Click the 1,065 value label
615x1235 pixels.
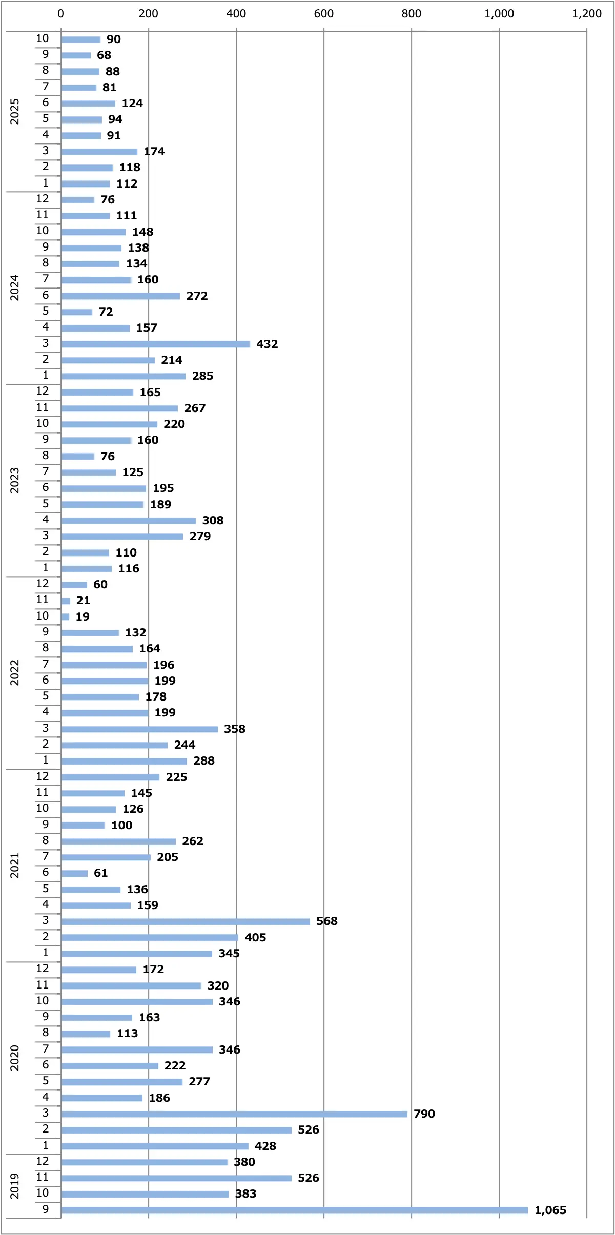pyautogui.click(x=550, y=1210)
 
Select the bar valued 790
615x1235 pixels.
pyautogui.click(x=234, y=1114)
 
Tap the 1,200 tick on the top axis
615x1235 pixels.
pyautogui.click(x=586, y=14)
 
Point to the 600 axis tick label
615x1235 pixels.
pyautogui.click(x=323, y=14)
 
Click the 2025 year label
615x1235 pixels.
pyautogui.click(x=14, y=111)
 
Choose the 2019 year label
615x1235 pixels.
pyautogui.click(x=14, y=1186)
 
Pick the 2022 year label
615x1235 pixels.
pyautogui.click(x=14, y=672)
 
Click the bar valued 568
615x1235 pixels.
pyautogui.click(x=185, y=921)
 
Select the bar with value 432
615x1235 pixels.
pyautogui.click(x=155, y=344)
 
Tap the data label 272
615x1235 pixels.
pyautogui.click(x=197, y=296)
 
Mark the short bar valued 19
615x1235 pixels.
pyautogui.click(x=65, y=616)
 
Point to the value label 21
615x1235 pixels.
pyautogui.click(x=83, y=600)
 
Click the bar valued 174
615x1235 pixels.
pyautogui.click(x=99, y=151)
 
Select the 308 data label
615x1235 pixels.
pyautogui.click(x=213, y=520)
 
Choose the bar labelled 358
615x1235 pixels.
pyautogui.click(x=139, y=729)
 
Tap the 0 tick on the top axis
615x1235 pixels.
pyautogui.click(x=61, y=14)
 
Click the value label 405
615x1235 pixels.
pyautogui.click(x=255, y=937)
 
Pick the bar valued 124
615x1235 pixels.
pyautogui.click(x=88, y=104)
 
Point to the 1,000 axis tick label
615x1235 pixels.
pyautogui.click(x=499, y=14)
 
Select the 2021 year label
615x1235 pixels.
pyautogui.click(x=14, y=865)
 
